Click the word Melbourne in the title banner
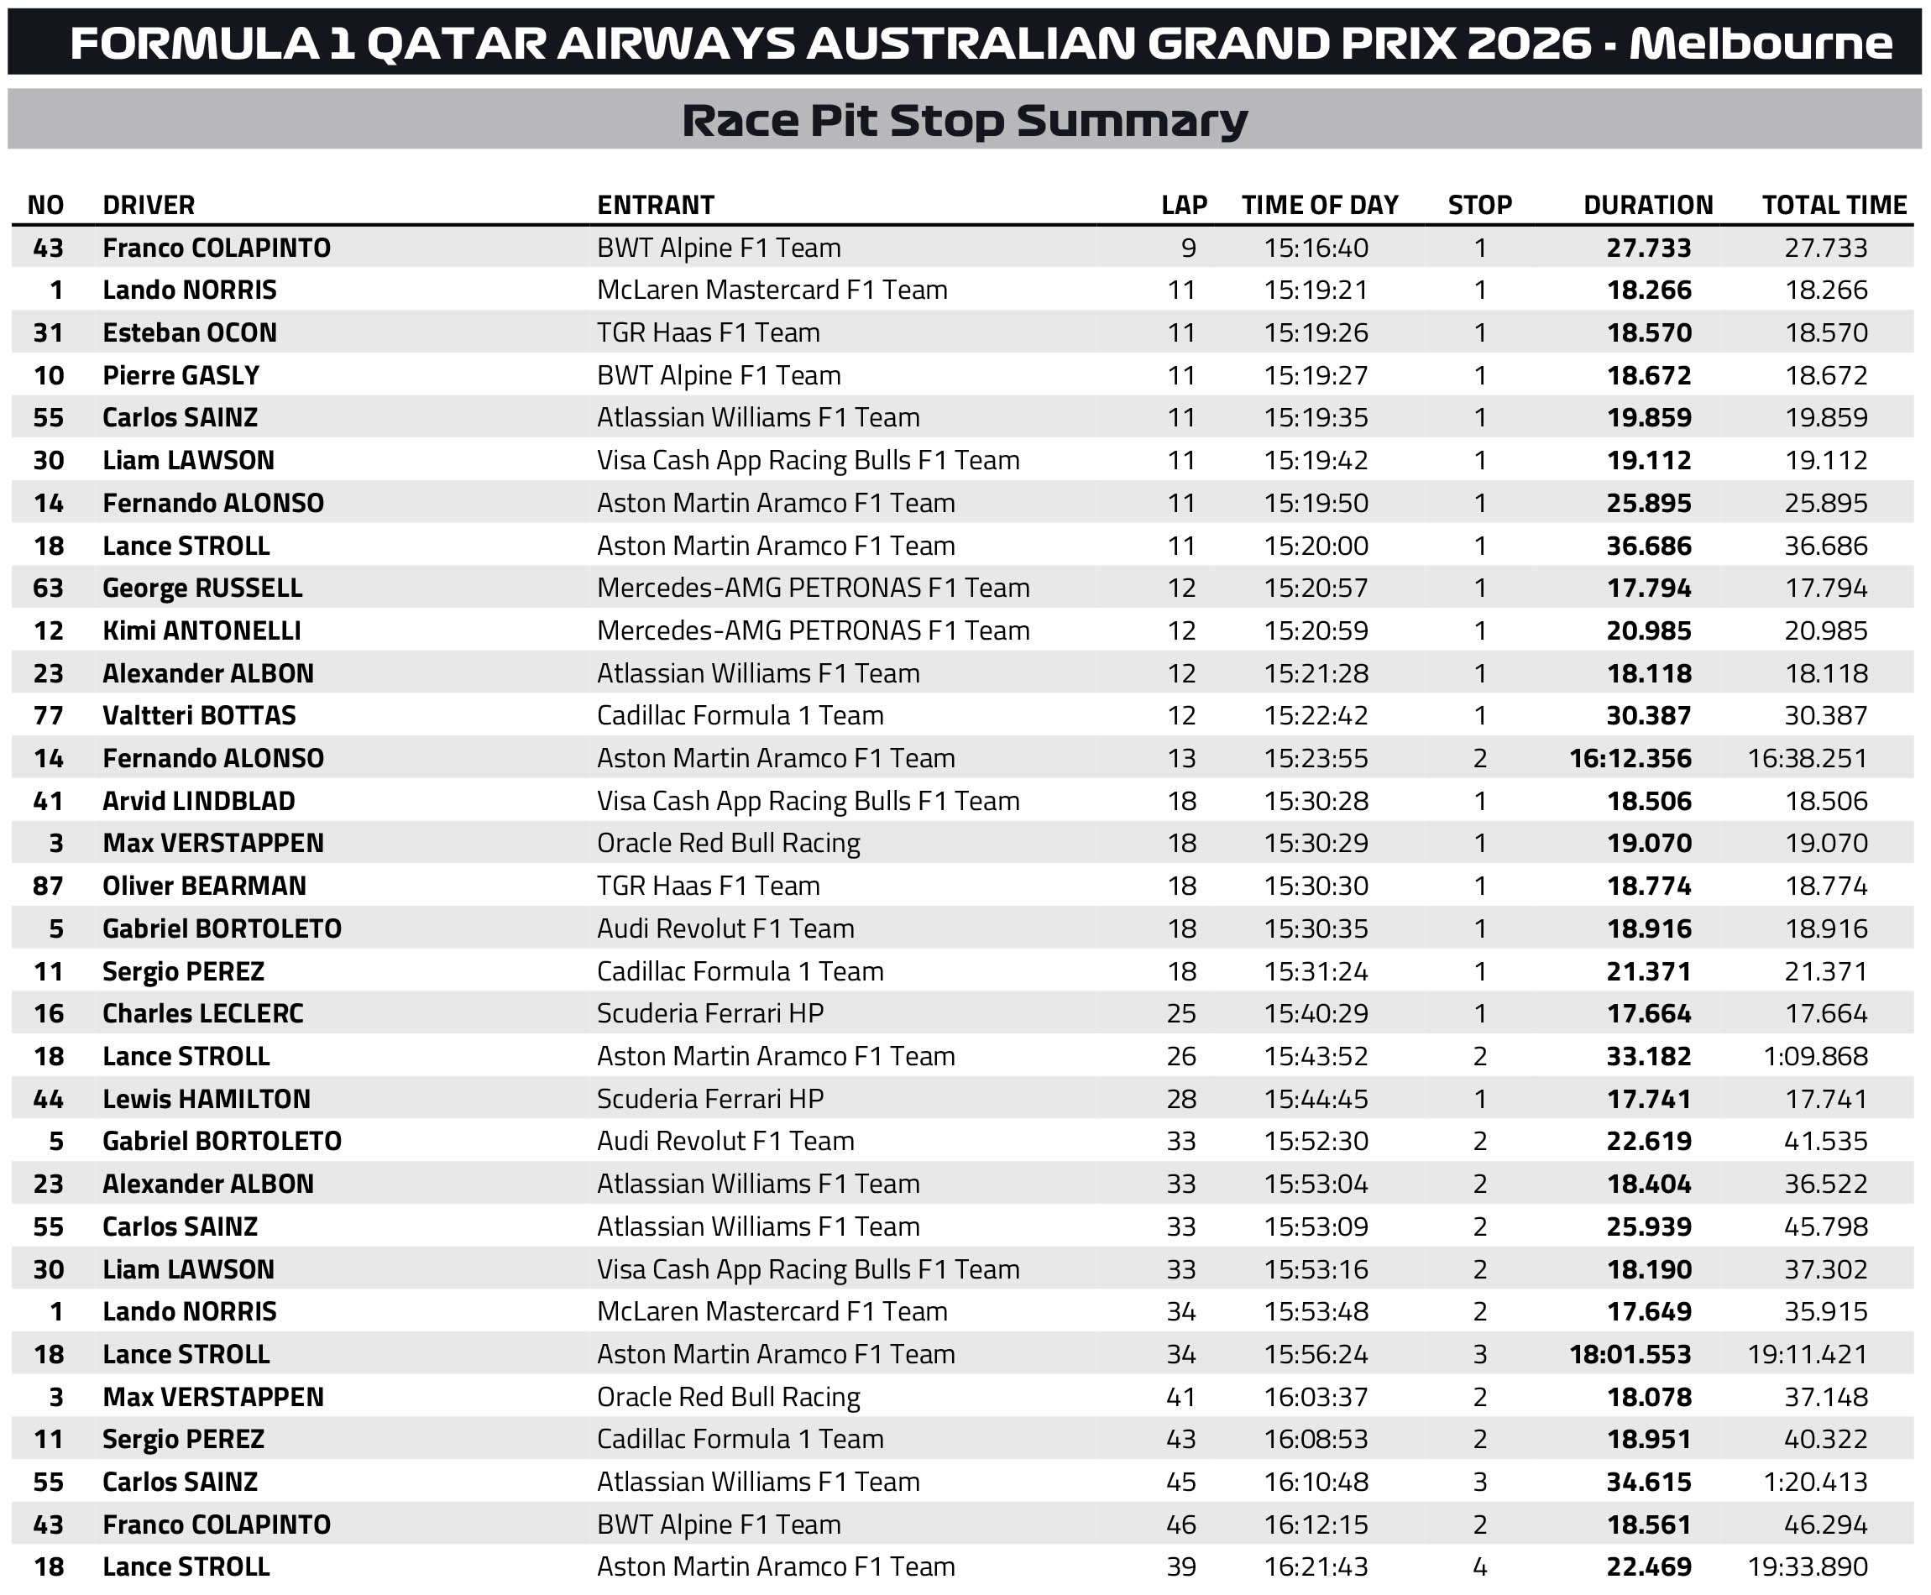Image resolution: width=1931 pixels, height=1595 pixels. coord(1760,43)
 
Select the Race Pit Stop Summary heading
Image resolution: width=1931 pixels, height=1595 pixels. coord(965,120)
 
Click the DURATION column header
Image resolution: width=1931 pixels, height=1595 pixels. coord(1648,205)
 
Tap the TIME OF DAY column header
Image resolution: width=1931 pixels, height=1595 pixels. coord(1319,205)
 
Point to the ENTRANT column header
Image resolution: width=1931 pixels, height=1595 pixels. coord(656,205)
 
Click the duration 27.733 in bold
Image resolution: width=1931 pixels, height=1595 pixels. coord(1648,248)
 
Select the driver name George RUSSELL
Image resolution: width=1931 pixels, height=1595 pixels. coord(202,588)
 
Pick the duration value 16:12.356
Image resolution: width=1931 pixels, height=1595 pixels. coord(1630,758)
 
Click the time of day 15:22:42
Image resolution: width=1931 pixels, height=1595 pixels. coord(1316,716)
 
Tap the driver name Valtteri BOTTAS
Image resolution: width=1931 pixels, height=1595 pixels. coord(199,716)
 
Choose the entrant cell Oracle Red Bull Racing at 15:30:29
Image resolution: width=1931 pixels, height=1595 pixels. coord(729,844)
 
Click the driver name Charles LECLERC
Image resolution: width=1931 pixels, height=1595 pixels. coord(203,1013)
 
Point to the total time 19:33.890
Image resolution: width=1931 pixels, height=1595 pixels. coord(1807,1566)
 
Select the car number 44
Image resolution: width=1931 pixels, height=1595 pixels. coord(49,1099)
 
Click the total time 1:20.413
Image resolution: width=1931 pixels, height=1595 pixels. coord(1815,1482)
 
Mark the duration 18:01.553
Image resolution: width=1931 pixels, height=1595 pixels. coord(1630,1354)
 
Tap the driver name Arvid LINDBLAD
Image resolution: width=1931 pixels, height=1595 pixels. coord(198,801)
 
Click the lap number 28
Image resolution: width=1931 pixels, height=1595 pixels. coord(1181,1099)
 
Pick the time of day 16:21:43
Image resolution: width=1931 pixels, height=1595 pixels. coord(1316,1566)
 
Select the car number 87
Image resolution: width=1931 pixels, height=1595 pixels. coord(49,886)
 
